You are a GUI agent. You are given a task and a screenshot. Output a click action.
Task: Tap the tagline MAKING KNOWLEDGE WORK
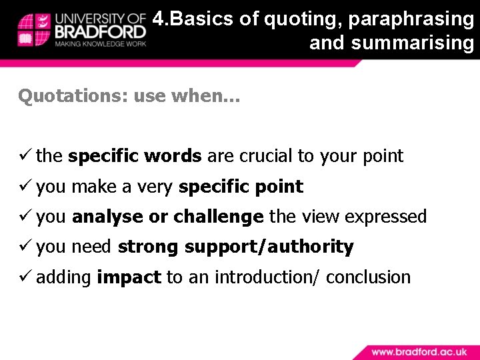(100, 44)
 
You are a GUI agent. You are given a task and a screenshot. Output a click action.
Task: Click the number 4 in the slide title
(158, 19)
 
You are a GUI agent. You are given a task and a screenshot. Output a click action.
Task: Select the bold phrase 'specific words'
(135, 156)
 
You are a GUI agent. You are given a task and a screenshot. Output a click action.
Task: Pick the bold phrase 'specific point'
(241, 187)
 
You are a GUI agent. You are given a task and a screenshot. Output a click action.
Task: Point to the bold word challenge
(218, 217)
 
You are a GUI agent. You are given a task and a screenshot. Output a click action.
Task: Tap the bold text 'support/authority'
(269, 247)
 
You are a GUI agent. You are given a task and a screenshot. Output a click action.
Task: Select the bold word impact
(129, 277)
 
